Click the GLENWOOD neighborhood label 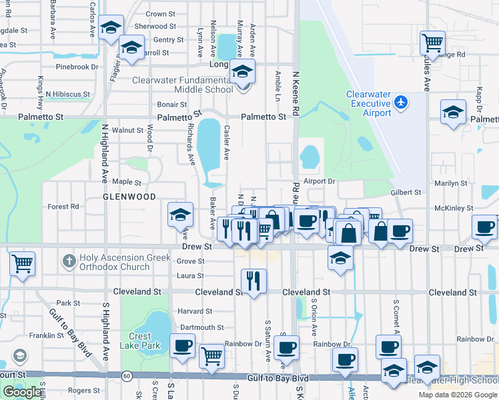coord(129,197)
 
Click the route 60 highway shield coord(127,377)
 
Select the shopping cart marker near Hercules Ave coord(433,43)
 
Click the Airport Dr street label coord(319,181)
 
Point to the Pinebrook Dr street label coord(77,67)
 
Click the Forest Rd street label coord(63,207)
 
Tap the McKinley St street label coord(454,208)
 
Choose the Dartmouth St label coord(201,327)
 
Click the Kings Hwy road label coord(40,87)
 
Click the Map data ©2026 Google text coord(458,395)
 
